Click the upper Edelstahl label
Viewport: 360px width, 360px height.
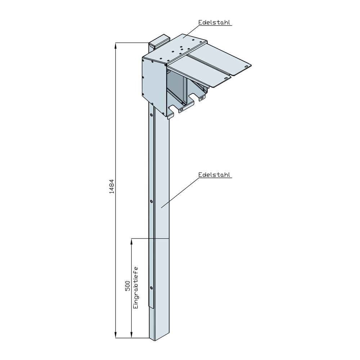pyautogui.click(x=215, y=22)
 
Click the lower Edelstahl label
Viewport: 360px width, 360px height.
pyautogui.click(x=215, y=175)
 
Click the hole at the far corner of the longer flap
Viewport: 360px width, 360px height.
pyautogui.click(x=247, y=66)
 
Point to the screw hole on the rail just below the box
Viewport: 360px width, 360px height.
pyautogui.click(x=151, y=115)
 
